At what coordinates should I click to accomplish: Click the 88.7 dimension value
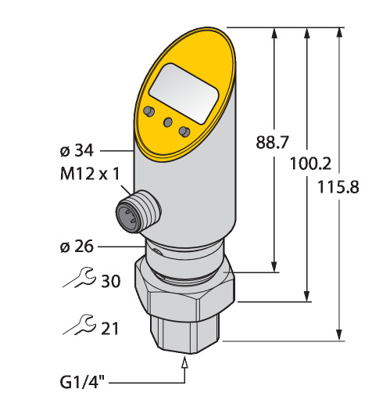pos(272,142)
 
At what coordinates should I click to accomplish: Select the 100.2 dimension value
pos(310,164)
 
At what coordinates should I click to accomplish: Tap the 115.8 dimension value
pos(338,187)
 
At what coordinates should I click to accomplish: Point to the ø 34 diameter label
pos(77,151)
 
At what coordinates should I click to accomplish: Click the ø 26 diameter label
pos(77,247)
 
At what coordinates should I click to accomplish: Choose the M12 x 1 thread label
pos(90,174)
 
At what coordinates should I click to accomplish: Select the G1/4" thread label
pos(82,382)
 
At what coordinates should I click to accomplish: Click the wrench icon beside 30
pos(79,278)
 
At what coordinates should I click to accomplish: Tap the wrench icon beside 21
pos(79,325)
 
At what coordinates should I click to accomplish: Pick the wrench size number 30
pos(110,281)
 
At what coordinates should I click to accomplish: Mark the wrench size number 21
pos(110,328)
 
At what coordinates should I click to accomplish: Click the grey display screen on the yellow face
pos(184,93)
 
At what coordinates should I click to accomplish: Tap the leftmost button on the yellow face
pos(148,111)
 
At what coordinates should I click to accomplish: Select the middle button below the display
pos(168,121)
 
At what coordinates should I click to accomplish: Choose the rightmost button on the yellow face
pos(184,132)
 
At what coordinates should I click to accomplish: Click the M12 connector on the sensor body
pos(138,211)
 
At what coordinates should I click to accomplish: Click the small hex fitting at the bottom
pos(185,334)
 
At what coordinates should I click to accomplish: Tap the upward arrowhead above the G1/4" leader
pos(184,363)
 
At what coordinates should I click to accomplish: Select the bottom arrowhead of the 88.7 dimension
pos(274,267)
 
